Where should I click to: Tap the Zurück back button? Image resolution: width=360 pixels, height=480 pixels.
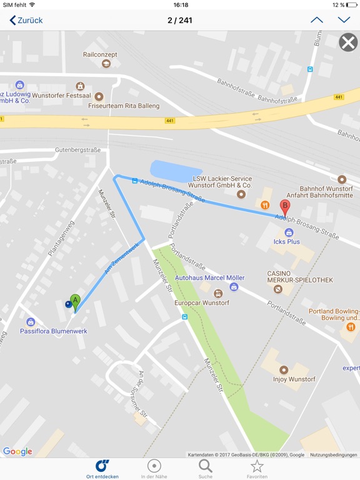pos(26,20)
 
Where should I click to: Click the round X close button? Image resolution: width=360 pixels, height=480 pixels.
pos(348,42)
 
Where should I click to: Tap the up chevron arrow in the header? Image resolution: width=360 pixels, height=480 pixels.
pos(317,20)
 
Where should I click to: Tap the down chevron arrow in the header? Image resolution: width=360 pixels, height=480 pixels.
pos(344,20)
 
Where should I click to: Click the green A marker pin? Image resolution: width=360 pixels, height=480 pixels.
pos(76,302)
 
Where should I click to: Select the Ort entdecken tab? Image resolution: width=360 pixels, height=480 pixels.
pos(102,469)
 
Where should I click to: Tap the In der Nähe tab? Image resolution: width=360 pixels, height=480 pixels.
pos(154,469)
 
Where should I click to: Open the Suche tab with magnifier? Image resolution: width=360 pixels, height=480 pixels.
pos(206,469)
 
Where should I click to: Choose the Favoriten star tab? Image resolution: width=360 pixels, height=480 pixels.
pos(257,469)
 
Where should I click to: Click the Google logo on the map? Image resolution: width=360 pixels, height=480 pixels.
pos(17,452)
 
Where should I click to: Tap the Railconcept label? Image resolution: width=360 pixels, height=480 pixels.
pos(100,55)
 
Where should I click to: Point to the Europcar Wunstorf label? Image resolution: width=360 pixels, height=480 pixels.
pos(202,302)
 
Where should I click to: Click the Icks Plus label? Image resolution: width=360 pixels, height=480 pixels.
pos(287,241)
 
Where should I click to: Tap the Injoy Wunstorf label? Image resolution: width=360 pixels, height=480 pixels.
pos(294,379)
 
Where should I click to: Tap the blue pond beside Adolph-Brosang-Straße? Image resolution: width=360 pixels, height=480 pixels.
pos(176,170)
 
